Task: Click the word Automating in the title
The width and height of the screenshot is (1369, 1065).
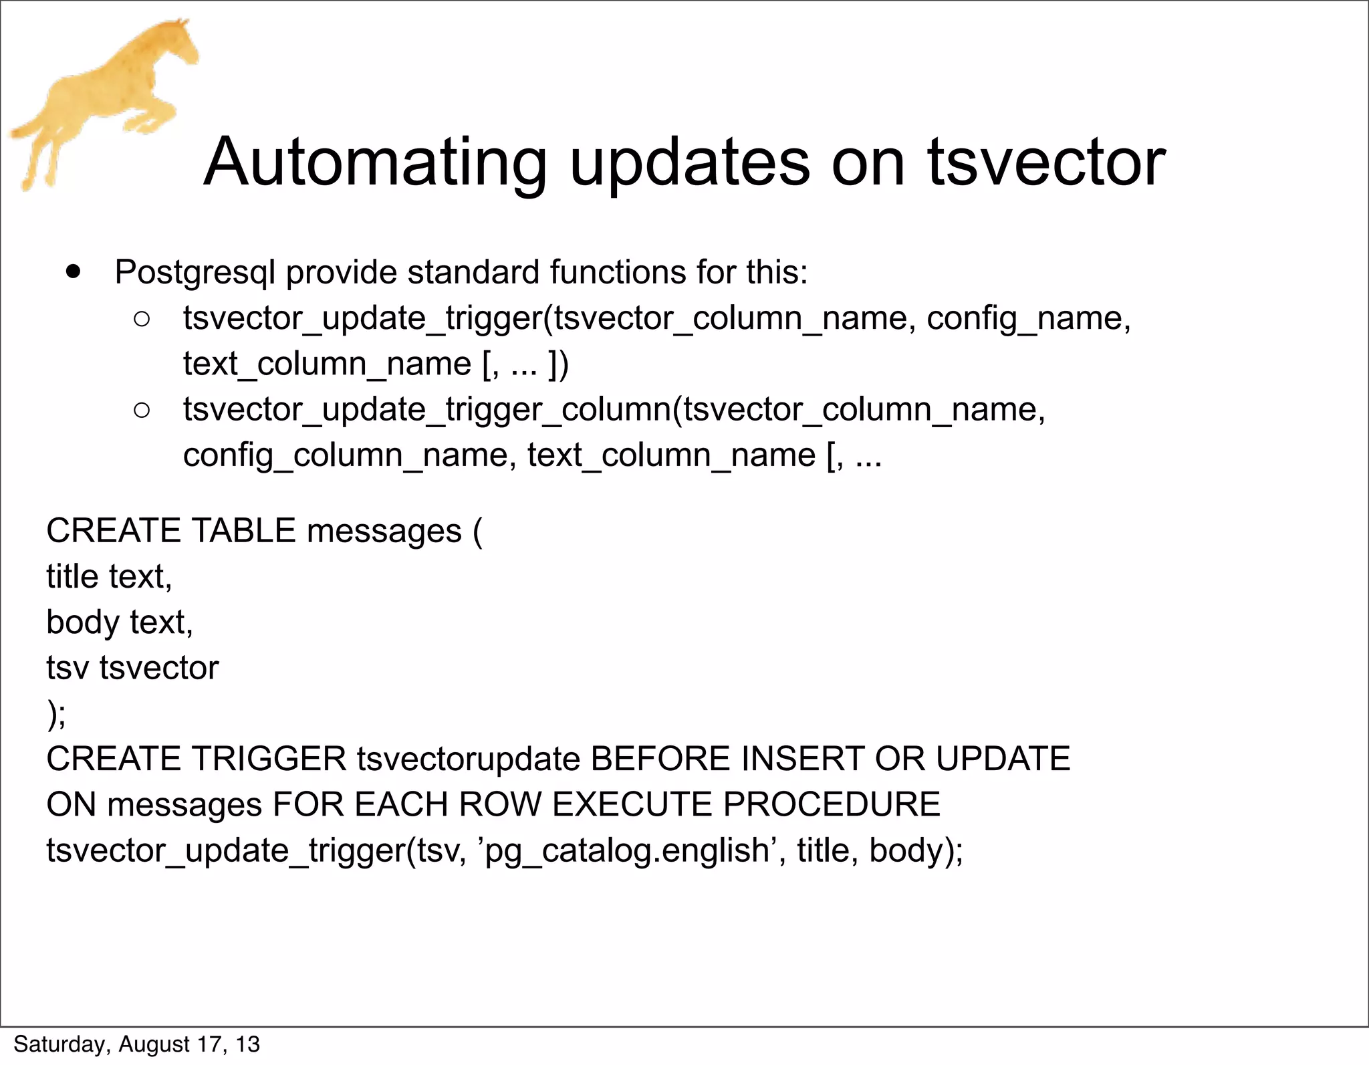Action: click(x=375, y=162)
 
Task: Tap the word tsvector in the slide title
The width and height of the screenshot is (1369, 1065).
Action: click(x=1046, y=162)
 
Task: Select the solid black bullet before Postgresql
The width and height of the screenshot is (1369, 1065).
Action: click(x=74, y=272)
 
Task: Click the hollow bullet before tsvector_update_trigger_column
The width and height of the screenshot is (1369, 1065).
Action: click(x=142, y=410)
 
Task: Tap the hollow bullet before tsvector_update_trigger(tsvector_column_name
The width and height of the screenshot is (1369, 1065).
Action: click(x=142, y=319)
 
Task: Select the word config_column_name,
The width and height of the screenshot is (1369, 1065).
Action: click(x=350, y=456)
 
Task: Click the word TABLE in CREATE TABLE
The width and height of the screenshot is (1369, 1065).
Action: click(x=243, y=531)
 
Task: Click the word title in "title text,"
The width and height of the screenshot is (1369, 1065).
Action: click(x=72, y=576)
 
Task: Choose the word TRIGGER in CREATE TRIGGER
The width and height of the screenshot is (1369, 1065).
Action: click(x=269, y=759)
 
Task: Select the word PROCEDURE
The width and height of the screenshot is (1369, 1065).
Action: click(x=832, y=804)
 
